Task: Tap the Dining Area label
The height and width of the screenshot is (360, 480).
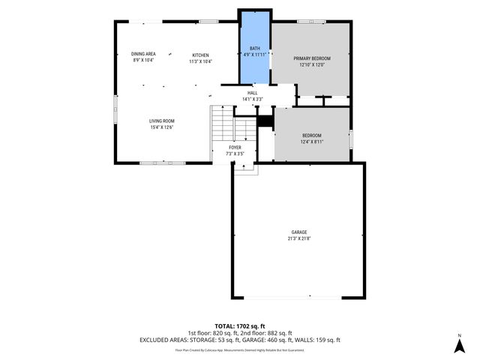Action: tap(143, 54)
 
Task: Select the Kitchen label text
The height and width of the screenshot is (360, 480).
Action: tap(200, 55)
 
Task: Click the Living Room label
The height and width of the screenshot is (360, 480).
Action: tap(161, 121)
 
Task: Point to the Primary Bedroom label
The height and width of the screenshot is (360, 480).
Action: tap(311, 58)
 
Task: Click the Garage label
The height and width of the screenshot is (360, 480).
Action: tap(299, 232)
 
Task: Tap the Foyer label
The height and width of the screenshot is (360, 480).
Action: tap(235, 148)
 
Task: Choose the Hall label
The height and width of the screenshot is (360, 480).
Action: tap(253, 93)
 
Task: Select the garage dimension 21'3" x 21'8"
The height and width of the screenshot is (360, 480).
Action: tap(299, 238)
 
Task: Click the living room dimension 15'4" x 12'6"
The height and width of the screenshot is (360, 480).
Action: tap(161, 127)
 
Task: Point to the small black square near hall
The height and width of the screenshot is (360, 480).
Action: tap(264, 121)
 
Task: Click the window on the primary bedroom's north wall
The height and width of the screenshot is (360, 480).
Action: tap(307, 22)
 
